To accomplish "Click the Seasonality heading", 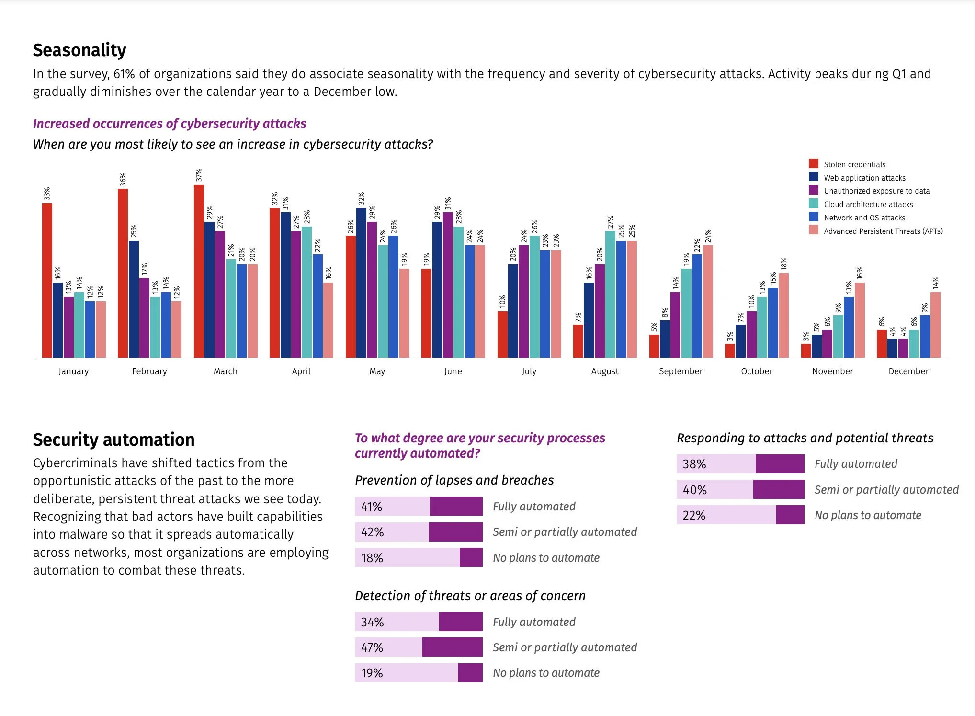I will click(x=79, y=50).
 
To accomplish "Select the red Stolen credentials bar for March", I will click(x=199, y=271).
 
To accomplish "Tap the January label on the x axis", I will click(x=73, y=371).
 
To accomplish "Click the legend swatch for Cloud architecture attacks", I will click(x=814, y=204).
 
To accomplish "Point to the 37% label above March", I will click(x=199, y=175).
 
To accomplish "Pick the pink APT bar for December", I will click(x=935, y=325).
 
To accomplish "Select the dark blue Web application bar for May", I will click(x=361, y=283).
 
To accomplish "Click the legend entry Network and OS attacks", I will click(x=864, y=218).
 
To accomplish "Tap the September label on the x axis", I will click(x=680, y=371).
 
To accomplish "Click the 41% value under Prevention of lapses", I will click(x=372, y=507).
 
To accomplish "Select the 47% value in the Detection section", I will click(x=372, y=647).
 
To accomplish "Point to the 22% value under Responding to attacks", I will click(x=694, y=515).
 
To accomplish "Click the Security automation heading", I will click(x=113, y=439).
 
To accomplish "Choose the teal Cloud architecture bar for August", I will click(x=610, y=294).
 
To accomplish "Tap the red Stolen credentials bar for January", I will click(x=47, y=280).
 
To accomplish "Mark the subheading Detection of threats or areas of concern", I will click(x=470, y=596).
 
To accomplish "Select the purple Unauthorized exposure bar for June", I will click(x=448, y=285).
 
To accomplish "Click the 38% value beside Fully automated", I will click(x=694, y=464).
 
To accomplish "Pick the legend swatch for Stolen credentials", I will click(x=814, y=164).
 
